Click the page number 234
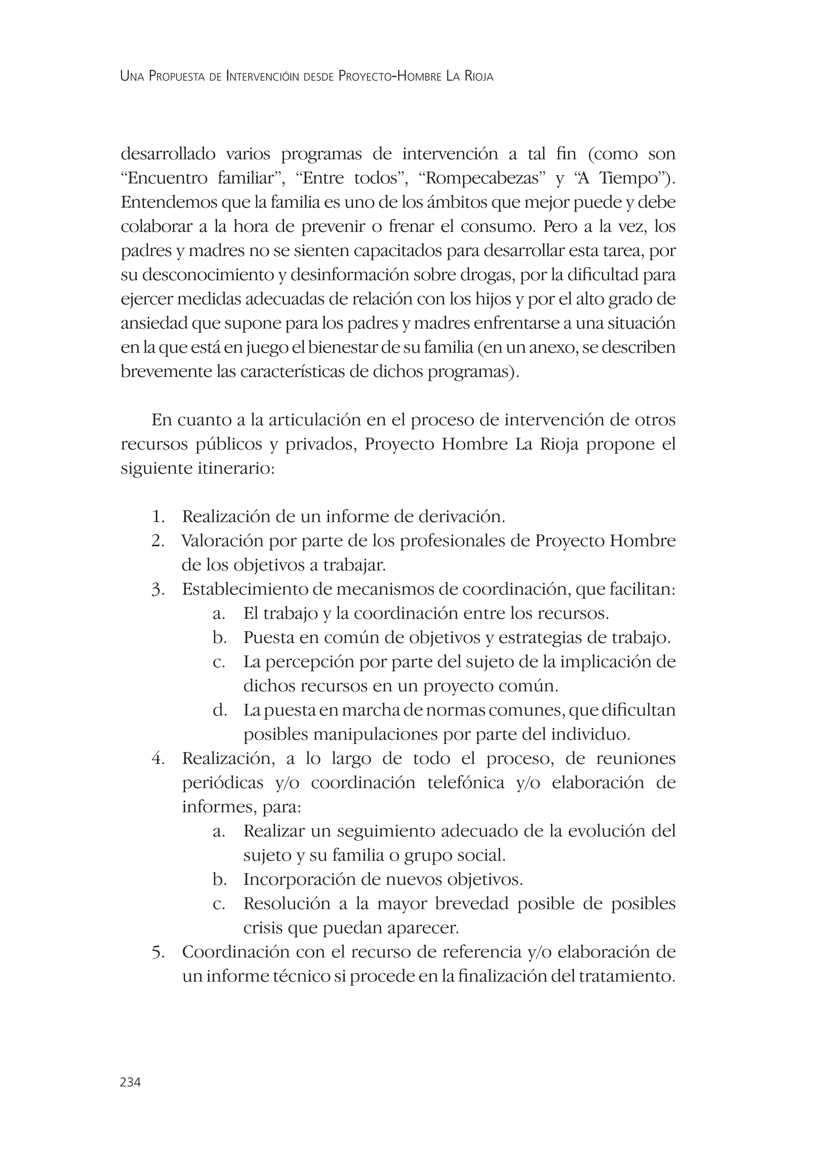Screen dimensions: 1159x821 click(130, 1082)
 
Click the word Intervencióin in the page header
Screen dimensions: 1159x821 click(263, 77)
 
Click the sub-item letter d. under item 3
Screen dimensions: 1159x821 click(219, 710)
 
